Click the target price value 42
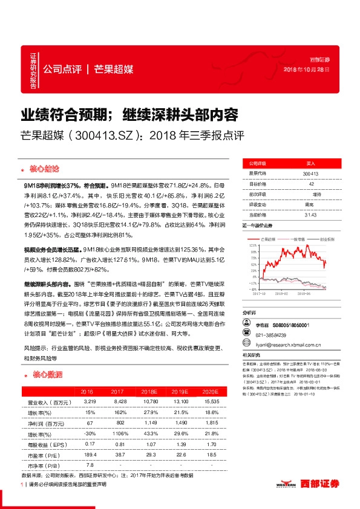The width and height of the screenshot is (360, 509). click(x=311, y=184)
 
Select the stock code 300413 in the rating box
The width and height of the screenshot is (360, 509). click(x=310, y=173)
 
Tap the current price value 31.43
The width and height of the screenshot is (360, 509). click(x=311, y=215)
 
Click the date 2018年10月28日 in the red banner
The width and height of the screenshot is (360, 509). click(x=307, y=70)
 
